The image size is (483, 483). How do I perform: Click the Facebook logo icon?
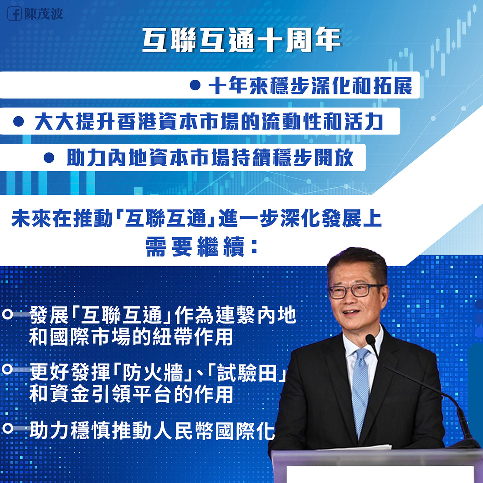coord(15,14)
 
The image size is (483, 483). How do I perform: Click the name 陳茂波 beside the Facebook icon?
coord(44,14)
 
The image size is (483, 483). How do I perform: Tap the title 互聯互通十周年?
coord(241,40)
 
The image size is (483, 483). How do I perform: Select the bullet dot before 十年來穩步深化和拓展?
coord(195,85)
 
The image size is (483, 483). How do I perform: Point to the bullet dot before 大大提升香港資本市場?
coord(19,121)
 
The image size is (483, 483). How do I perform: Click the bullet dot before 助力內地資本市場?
coord(49,157)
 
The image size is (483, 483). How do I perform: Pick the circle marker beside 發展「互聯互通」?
coord(7,314)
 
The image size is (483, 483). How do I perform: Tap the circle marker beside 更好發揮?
coord(7,369)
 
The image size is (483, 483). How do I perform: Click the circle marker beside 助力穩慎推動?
coord(7,428)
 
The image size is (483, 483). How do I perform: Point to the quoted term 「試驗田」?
coord(247,373)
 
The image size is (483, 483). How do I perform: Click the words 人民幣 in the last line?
coord(183,431)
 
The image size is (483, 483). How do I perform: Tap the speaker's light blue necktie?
coord(360,391)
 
